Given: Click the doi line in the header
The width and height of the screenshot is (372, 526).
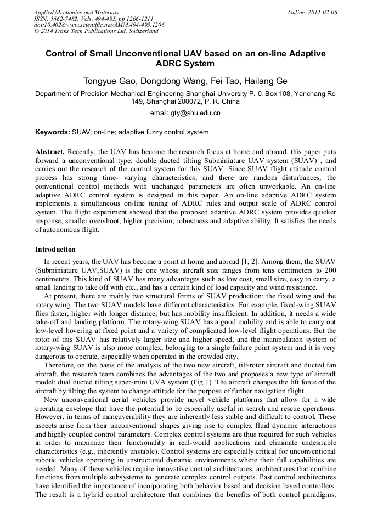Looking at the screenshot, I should [99, 25].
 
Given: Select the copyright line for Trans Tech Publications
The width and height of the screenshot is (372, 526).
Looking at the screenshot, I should [96, 31].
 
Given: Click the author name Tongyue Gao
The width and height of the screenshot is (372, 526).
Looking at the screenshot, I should [109, 81].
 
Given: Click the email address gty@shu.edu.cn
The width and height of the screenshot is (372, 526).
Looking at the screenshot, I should [185, 113].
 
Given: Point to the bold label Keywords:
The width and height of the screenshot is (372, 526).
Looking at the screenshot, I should [53, 132].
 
